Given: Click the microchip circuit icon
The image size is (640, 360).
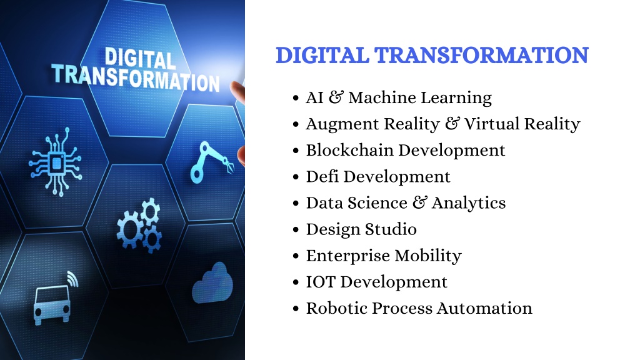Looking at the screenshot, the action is point(56,162).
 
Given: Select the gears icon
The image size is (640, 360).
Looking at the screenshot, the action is point(139,225).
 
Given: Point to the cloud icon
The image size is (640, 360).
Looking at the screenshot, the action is point(212,283).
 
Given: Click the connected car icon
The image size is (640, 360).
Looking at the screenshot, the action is point(52,304).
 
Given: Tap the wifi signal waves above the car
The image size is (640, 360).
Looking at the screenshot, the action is point(72,278).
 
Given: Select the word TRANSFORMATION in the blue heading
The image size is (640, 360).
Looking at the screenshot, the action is point(481,56).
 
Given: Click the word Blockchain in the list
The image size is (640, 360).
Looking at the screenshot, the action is point(349,150).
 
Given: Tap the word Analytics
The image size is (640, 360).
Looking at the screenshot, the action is point(469,204).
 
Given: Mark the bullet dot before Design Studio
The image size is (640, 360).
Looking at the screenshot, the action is point(296,230).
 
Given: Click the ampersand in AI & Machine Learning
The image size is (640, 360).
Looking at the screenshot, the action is point(336,97).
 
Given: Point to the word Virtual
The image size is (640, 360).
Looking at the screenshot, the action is point(491,124).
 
